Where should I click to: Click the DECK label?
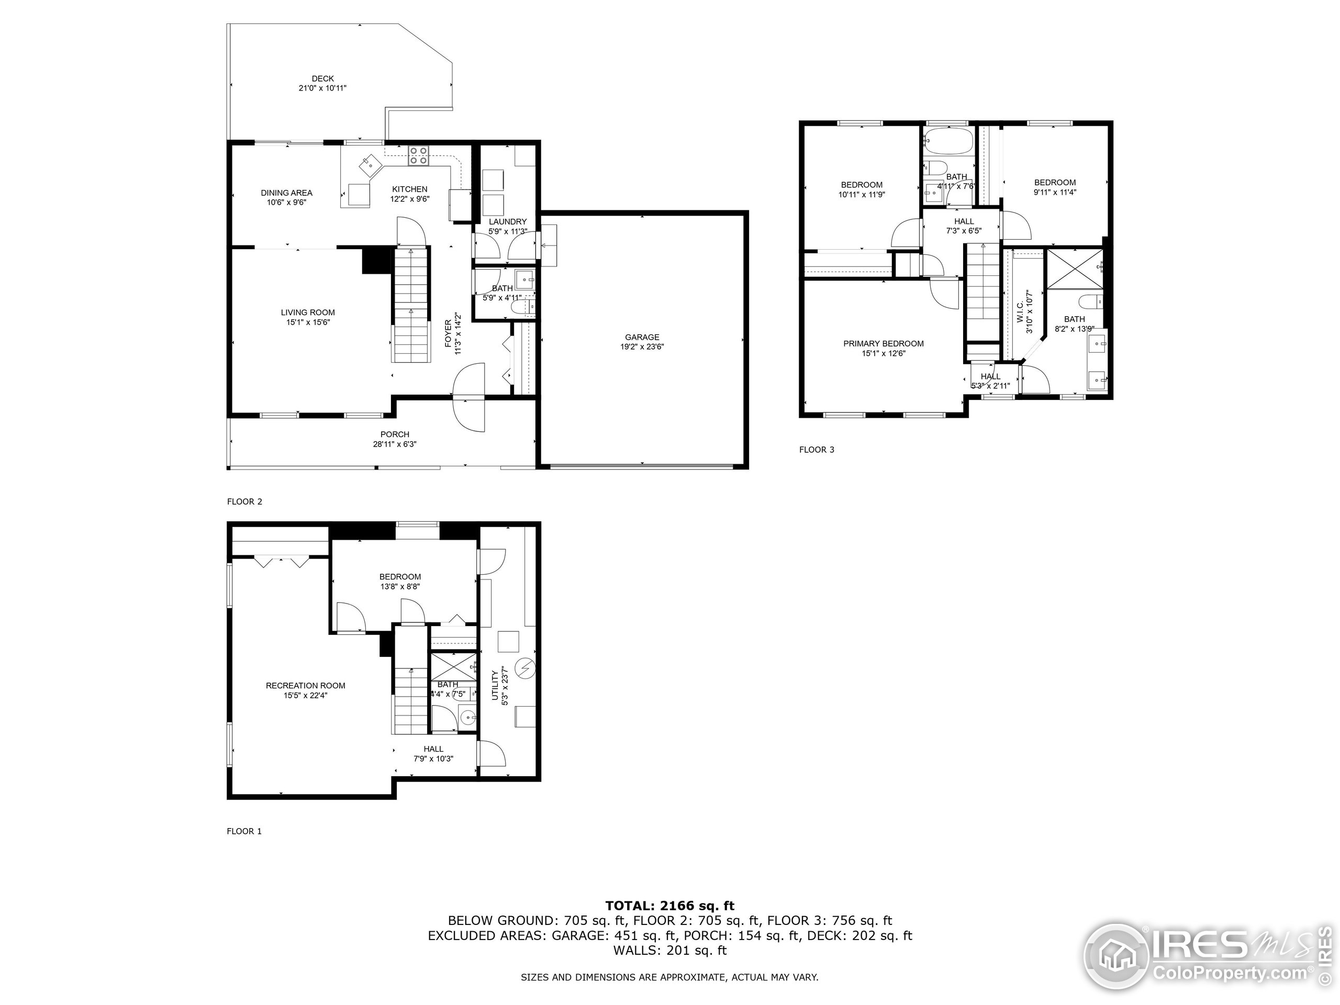tap(322, 79)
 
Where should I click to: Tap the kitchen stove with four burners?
tap(418, 155)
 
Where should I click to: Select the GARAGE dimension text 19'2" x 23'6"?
tap(642, 347)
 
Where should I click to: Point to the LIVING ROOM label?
tap(308, 312)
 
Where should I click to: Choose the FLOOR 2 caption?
tap(244, 501)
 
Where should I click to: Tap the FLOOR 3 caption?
tap(816, 450)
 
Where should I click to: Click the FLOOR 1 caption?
tap(244, 831)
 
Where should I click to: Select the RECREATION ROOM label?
tap(305, 686)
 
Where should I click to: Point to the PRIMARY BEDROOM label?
tap(883, 343)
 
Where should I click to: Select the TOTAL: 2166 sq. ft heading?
tap(669, 906)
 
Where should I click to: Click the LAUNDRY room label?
tap(508, 222)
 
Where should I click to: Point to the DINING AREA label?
tap(286, 193)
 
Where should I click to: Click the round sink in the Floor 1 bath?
tap(467, 719)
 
